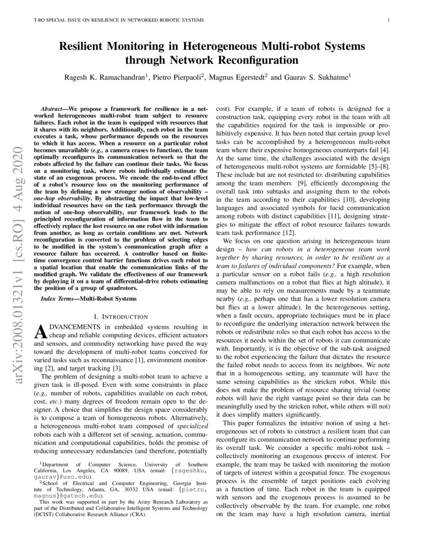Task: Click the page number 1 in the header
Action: pyautogui.click(x=388, y=20)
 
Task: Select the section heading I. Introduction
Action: pyautogui.click(x=121, y=316)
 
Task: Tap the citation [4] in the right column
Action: pyautogui.click(x=386, y=149)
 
